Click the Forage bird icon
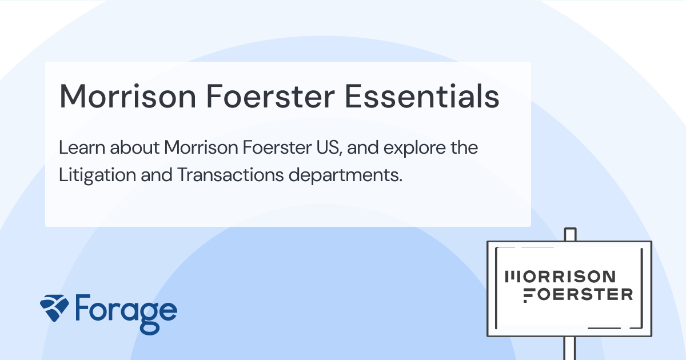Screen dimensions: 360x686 pyautogui.click(x=55, y=309)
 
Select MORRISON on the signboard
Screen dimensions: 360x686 pyautogui.click(x=562, y=277)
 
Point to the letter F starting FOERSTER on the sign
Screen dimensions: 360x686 pyautogui.click(x=530, y=295)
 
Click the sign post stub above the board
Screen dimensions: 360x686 pyautogui.click(x=570, y=234)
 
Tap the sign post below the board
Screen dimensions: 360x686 pyautogui.click(x=570, y=348)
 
